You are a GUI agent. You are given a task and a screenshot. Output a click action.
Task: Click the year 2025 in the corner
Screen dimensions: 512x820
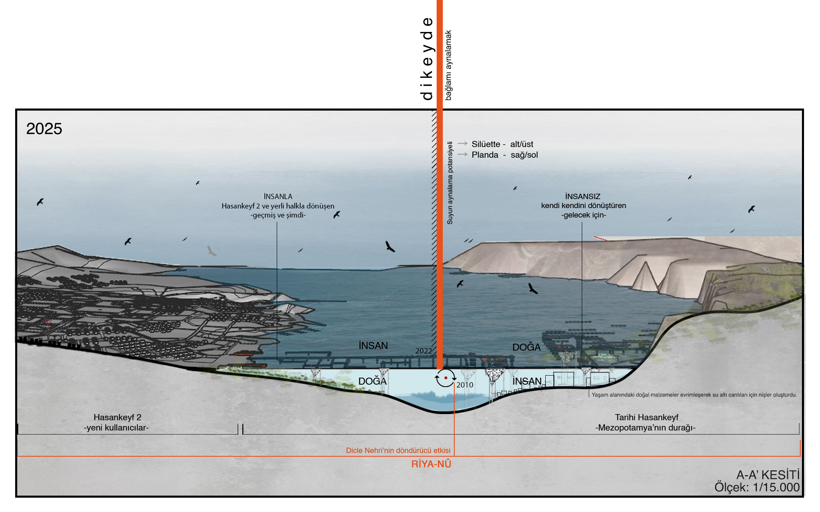click(x=44, y=129)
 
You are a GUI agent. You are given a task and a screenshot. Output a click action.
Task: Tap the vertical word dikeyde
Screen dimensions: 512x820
click(x=427, y=59)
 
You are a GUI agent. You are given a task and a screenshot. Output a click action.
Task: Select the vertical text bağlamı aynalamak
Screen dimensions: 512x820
click(x=449, y=65)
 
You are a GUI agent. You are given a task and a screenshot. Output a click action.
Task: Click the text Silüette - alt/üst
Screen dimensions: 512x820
click(x=502, y=144)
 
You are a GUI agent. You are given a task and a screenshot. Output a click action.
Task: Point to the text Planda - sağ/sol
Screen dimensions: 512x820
click(x=504, y=155)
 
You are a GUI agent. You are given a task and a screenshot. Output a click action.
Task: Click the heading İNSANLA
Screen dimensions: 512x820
click(x=278, y=197)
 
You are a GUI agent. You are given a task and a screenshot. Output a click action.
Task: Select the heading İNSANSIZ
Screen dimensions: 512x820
click(x=583, y=197)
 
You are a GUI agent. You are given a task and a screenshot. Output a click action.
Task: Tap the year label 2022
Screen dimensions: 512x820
click(x=424, y=351)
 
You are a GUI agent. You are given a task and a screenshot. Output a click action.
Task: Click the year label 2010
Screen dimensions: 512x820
click(x=465, y=385)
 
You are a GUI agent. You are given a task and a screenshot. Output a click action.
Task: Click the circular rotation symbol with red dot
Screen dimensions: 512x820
click(x=445, y=378)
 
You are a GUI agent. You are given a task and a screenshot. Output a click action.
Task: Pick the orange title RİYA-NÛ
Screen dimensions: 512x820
click(x=431, y=464)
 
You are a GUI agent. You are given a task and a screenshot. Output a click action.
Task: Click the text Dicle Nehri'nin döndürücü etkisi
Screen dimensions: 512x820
click(x=398, y=451)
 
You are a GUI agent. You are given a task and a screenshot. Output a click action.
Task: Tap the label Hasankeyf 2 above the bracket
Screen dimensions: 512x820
click(x=117, y=417)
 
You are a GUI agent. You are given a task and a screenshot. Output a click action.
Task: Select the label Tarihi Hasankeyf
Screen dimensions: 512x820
click(x=647, y=417)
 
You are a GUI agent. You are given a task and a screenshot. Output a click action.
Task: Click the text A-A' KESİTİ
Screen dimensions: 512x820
click(x=768, y=475)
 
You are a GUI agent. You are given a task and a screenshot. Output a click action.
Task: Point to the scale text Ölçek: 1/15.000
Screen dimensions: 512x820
click(x=757, y=487)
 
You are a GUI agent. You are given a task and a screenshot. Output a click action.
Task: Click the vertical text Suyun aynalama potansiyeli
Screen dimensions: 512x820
click(x=450, y=183)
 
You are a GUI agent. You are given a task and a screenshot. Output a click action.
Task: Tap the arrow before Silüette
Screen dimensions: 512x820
click(x=462, y=143)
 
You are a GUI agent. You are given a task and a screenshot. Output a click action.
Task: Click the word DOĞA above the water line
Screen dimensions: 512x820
click(x=526, y=347)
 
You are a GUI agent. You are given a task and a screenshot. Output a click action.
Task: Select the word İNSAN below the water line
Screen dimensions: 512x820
click(x=527, y=381)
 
